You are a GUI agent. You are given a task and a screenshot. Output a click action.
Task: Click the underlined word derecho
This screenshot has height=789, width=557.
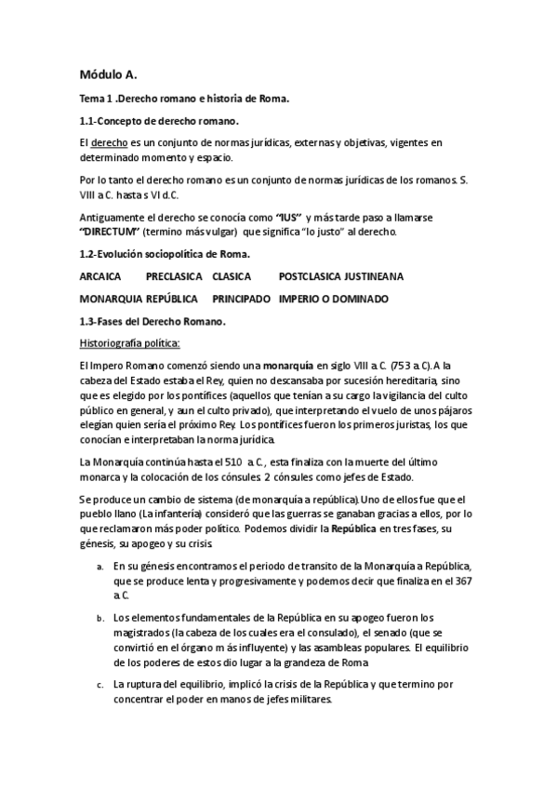[x=106, y=142]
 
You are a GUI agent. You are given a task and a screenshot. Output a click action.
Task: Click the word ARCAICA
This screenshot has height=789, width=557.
[x=101, y=276]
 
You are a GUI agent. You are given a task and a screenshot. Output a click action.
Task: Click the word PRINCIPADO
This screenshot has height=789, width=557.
[x=241, y=299]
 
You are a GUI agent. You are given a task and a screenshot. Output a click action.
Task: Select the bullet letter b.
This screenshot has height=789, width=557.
[x=99, y=618]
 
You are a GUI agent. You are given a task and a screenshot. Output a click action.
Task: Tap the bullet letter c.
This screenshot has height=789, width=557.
[x=99, y=685]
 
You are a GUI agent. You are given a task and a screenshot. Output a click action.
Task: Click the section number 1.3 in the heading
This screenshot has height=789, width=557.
[x=89, y=321]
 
